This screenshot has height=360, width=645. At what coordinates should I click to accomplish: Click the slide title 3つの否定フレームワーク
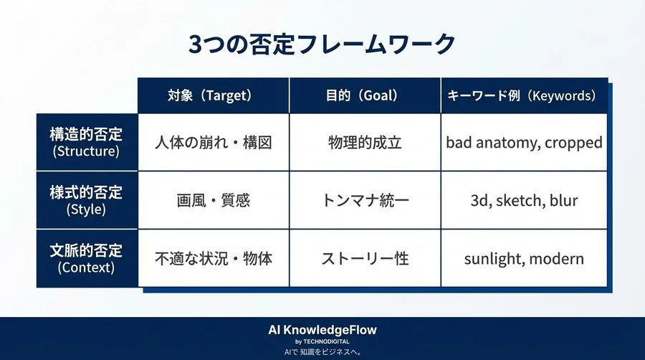(x=322, y=44)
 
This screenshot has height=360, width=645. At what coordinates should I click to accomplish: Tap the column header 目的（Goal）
(x=365, y=95)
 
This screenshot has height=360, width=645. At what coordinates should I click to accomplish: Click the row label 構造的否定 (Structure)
(x=86, y=142)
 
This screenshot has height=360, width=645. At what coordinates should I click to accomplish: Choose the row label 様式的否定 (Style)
(x=86, y=200)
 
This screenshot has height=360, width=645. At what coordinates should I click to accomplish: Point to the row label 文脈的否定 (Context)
(x=86, y=258)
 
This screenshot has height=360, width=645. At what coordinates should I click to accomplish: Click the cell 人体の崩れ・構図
(x=214, y=142)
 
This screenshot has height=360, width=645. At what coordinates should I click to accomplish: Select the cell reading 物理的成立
(x=365, y=142)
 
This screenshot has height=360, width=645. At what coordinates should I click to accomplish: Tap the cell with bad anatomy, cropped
(x=524, y=142)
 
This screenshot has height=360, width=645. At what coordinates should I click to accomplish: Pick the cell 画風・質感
(x=214, y=200)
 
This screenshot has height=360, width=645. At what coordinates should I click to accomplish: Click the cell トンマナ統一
(x=365, y=200)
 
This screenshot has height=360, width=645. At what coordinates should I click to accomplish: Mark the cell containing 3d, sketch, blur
(x=524, y=200)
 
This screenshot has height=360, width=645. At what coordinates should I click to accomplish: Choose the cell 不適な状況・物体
(x=214, y=258)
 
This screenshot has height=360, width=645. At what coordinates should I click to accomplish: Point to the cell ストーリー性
(x=365, y=258)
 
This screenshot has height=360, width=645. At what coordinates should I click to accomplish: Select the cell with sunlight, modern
(x=524, y=258)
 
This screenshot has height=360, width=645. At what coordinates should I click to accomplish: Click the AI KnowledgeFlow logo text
(x=322, y=330)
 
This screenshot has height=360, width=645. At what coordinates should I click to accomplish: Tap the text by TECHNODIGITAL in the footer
(x=322, y=342)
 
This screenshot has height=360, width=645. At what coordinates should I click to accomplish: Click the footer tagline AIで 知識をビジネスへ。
(x=322, y=352)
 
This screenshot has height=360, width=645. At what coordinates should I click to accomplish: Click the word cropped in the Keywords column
(x=573, y=143)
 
